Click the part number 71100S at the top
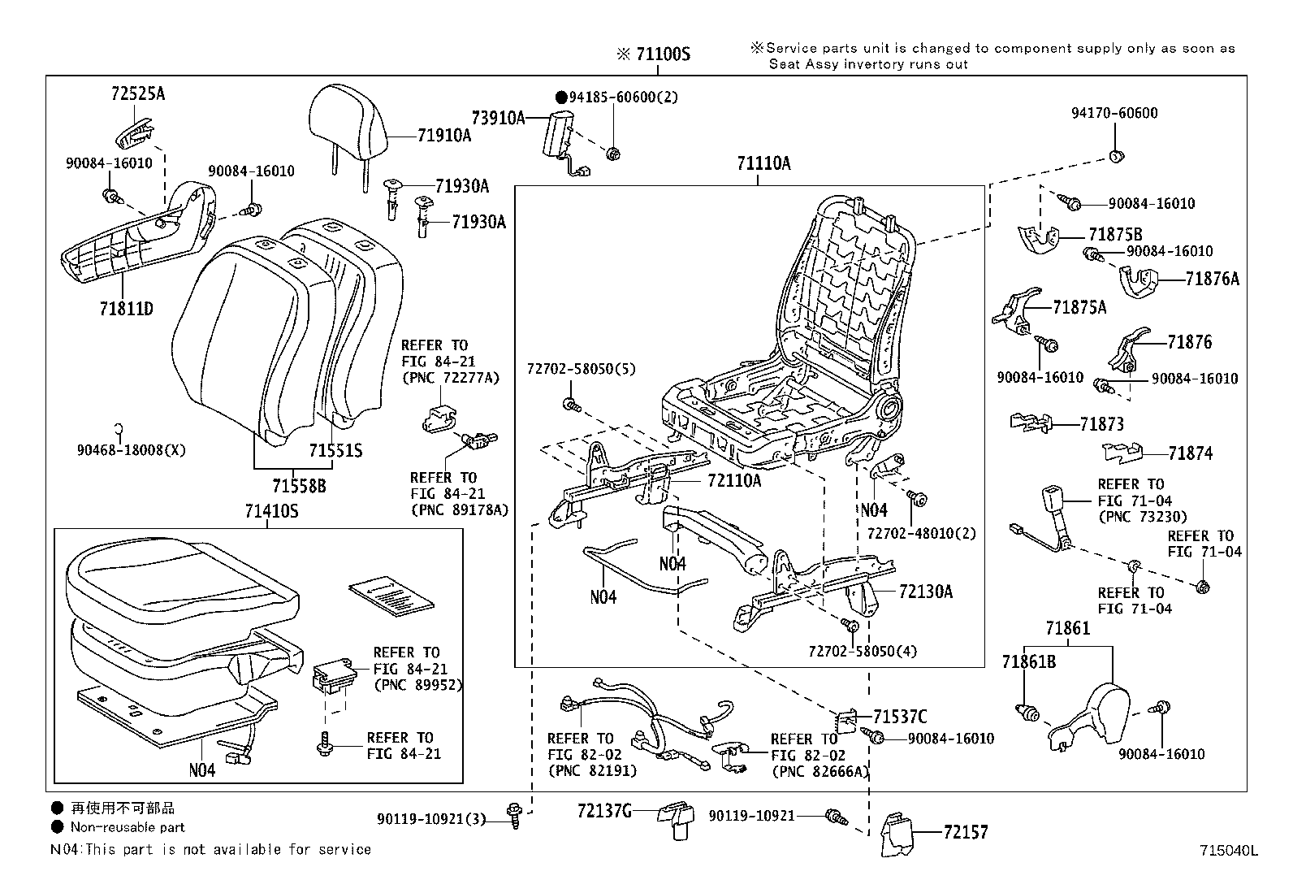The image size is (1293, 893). click(662, 54)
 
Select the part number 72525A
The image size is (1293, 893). click(138, 93)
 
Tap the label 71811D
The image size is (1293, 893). click(127, 309)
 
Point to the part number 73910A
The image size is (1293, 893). click(498, 118)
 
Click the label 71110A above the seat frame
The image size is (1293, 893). click(763, 163)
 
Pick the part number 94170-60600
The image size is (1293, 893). click(1114, 113)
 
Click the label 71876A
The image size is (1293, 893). click(1212, 280)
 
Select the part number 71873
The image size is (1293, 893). click(1101, 424)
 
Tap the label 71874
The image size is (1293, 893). click(1191, 453)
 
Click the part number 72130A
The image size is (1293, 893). click(926, 592)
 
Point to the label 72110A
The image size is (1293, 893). click(734, 480)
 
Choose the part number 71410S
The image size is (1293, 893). click(271, 511)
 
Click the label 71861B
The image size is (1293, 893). click(1028, 662)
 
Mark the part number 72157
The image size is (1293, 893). click(966, 832)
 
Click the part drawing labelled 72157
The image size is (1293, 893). click(898, 834)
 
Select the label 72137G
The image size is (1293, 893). click(604, 810)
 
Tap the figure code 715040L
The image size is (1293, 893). click(1229, 851)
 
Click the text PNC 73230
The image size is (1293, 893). click(1142, 517)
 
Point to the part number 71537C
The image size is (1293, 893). click(900, 717)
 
